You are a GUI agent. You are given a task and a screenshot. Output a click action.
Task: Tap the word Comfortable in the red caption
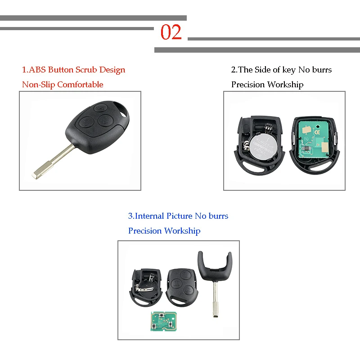pyautogui.click(x=80, y=85)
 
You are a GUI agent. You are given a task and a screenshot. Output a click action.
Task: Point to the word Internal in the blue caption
pyautogui.click(x=150, y=216)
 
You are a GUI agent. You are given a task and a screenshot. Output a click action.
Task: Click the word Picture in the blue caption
pyautogui.click(x=179, y=216)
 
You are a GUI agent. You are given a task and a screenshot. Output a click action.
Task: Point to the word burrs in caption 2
pyautogui.click(x=321, y=70)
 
